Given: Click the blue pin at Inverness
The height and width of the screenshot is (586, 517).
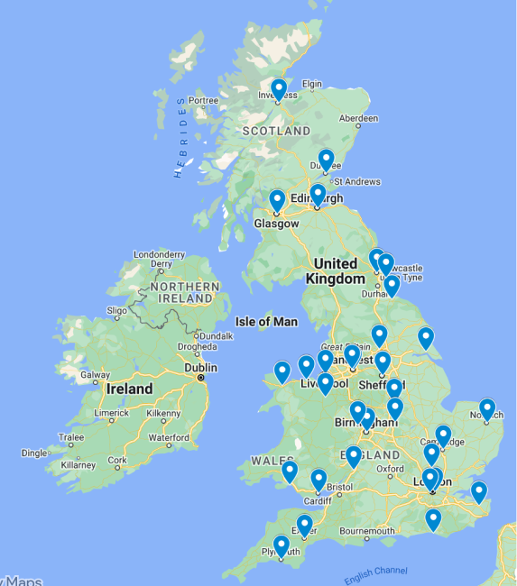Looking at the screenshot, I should click(279, 89).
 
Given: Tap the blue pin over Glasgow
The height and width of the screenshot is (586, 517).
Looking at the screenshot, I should click(277, 200).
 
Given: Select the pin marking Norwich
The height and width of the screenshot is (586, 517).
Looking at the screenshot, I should click(487, 409).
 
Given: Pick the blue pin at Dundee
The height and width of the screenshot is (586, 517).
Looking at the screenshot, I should click(326, 160).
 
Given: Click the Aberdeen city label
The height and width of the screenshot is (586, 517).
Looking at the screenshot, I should click(358, 118).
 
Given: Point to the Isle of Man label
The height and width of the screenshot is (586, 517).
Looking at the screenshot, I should click(265, 322).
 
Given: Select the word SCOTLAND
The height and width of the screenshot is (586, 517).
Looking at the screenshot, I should click(276, 132).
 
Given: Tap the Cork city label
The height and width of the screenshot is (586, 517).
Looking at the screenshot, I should click(116, 460).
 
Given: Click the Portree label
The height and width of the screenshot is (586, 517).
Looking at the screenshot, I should click(203, 100).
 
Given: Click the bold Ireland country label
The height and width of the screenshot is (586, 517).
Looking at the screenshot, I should click(129, 389).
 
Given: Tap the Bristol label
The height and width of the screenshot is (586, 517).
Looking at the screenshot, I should click(340, 487).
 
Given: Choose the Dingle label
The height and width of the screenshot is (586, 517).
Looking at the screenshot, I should click(36, 453).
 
